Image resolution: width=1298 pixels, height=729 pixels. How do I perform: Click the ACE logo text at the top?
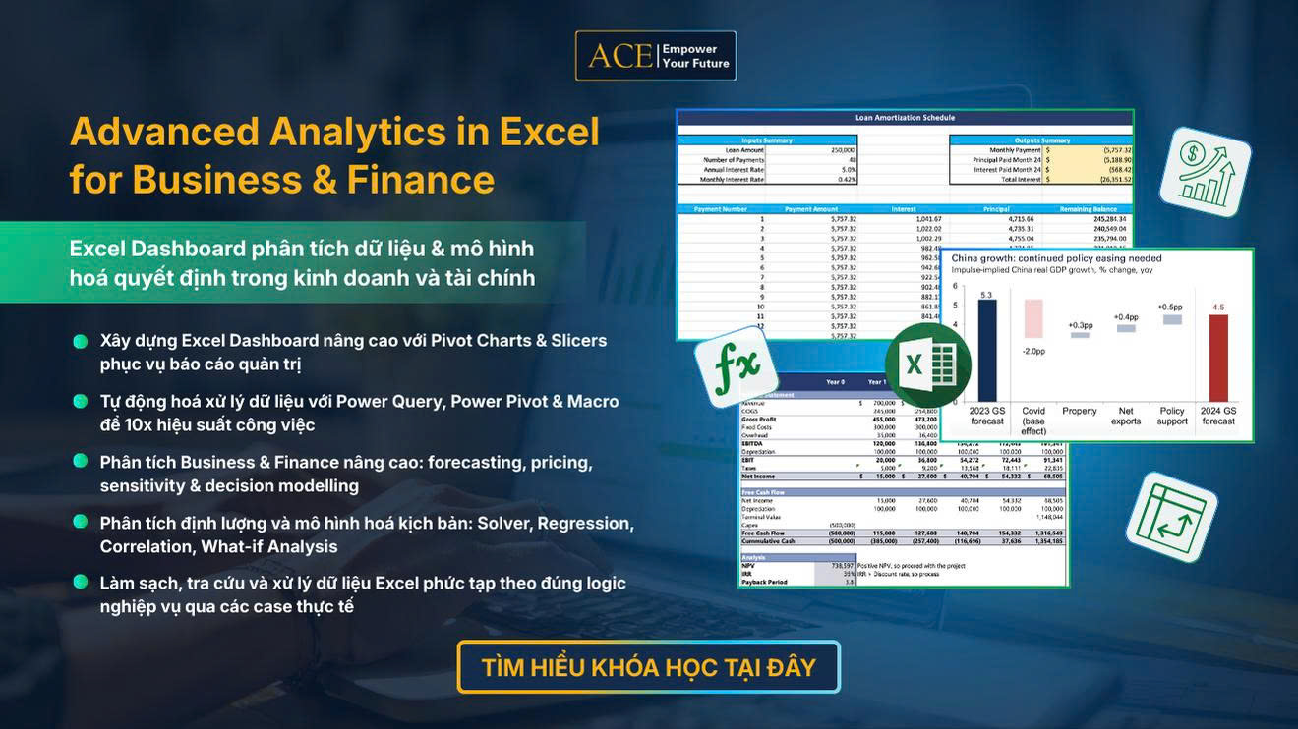coord(619,56)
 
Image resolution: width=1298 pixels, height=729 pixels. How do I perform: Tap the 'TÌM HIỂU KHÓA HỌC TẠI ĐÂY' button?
coord(648,667)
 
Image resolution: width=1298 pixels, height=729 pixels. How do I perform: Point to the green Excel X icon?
coord(927,364)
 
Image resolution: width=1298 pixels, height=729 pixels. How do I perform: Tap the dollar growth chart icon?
coord(1205,171)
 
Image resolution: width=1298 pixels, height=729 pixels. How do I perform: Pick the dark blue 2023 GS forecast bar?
coord(987,350)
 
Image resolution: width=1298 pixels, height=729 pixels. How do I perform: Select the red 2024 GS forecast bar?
coord(1217,358)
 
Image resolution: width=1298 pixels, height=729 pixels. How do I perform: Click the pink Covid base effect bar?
coord(1032,318)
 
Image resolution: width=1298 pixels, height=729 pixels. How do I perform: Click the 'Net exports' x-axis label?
coord(1126,416)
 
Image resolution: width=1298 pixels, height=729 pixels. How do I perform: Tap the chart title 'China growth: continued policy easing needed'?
coord(1056,258)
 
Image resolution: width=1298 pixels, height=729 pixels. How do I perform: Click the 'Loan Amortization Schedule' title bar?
coord(904,118)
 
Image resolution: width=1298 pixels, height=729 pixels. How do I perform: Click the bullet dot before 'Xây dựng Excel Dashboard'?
coord(80,341)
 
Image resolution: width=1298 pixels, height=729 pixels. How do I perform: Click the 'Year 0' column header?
coord(834,382)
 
